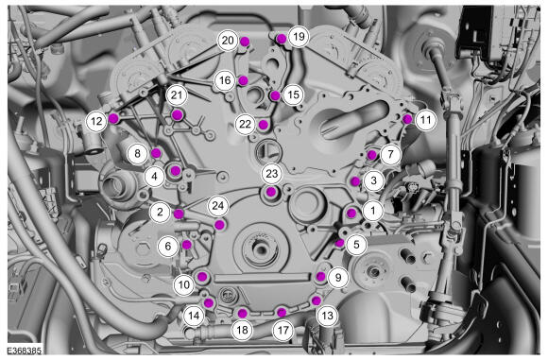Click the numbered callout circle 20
click(x=228, y=41)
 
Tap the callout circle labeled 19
click(x=299, y=36)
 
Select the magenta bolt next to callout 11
click(x=407, y=120)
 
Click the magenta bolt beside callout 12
click(x=113, y=118)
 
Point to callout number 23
click(x=272, y=174)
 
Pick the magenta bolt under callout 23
click(x=271, y=192)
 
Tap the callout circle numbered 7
click(x=390, y=154)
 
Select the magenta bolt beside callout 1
click(x=351, y=213)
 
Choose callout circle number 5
click(x=356, y=245)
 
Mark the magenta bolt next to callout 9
click(x=321, y=277)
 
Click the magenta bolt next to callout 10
click(x=202, y=277)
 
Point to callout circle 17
click(x=283, y=331)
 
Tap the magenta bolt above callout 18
click(x=242, y=313)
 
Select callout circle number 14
click(x=194, y=316)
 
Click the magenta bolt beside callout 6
click(x=187, y=245)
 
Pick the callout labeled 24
click(x=217, y=206)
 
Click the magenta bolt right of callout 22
click(x=264, y=125)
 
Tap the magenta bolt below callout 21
click(x=178, y=114)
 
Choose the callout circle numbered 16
click(x=225, y=80)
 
